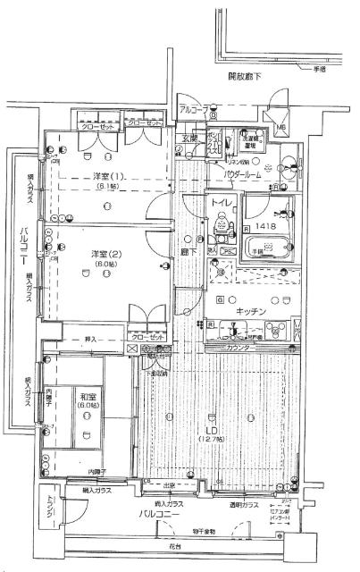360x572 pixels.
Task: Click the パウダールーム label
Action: click(x=241, y=176)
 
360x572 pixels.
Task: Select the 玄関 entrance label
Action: click(x=190, y=139)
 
